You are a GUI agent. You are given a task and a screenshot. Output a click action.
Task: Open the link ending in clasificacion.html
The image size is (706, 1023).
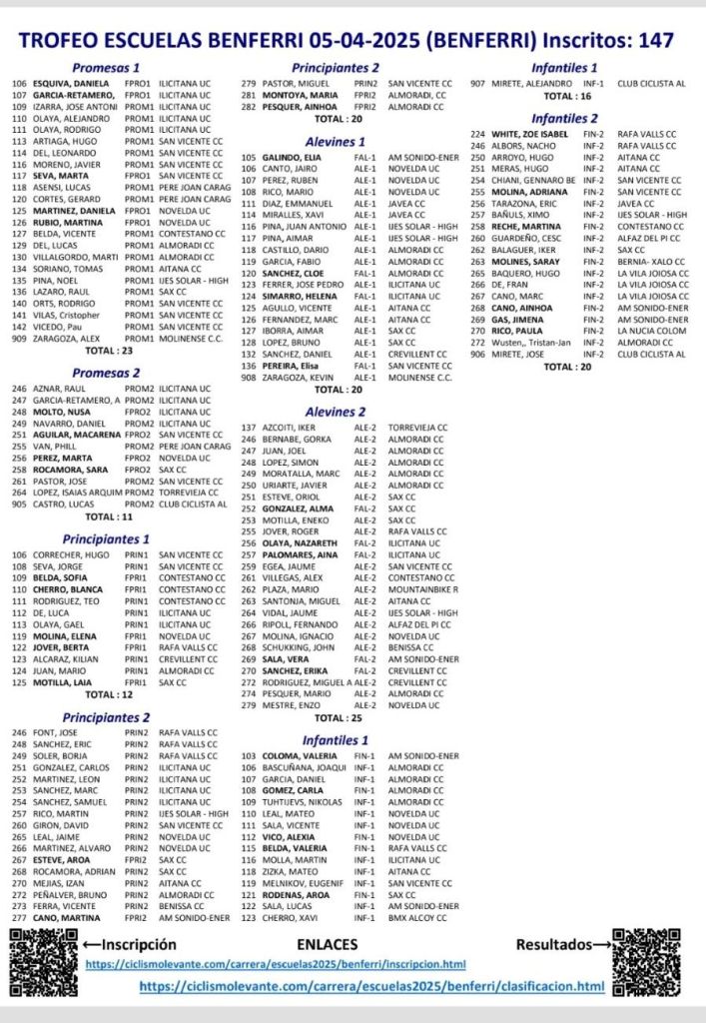coord(371,986)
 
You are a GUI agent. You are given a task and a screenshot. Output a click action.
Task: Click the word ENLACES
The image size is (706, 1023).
coord(330,943)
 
